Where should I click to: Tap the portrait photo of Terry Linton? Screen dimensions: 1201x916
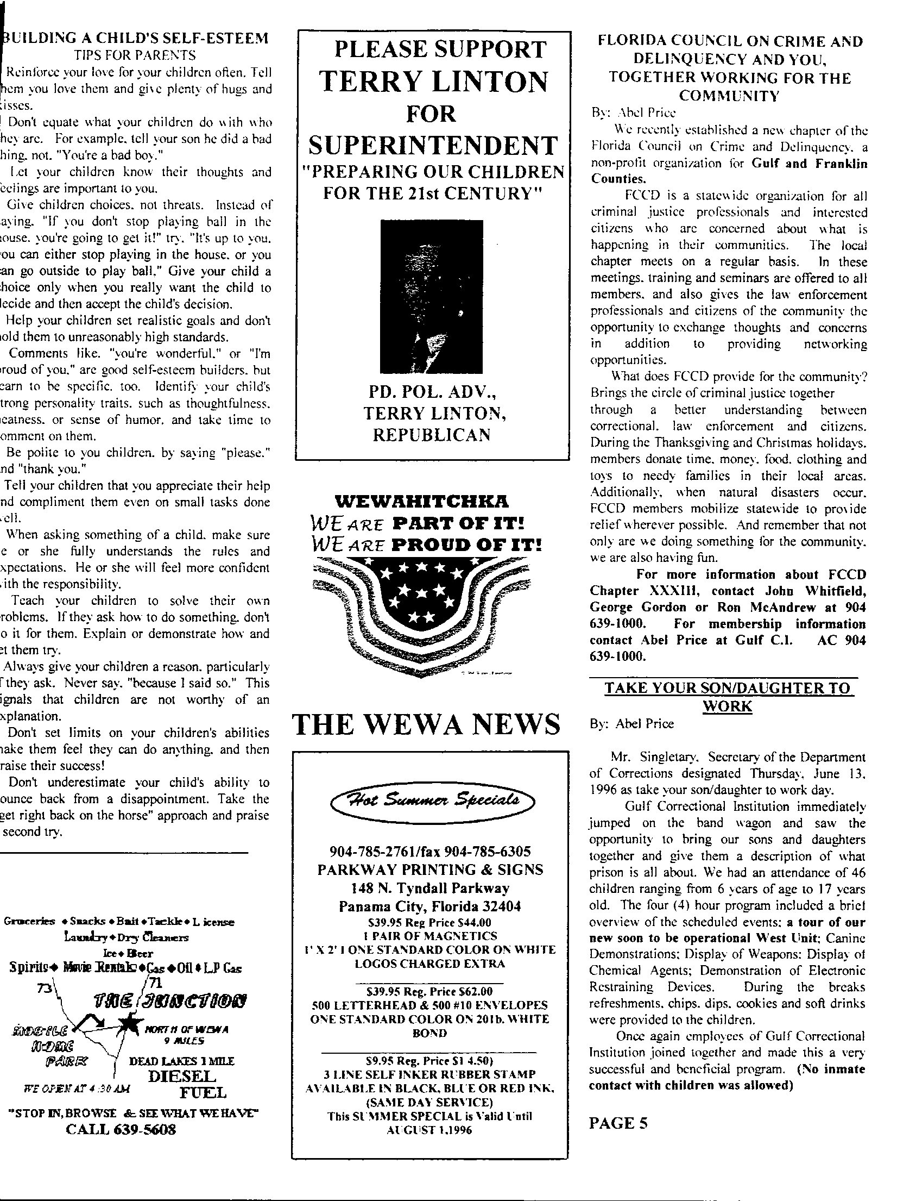coord(431,296)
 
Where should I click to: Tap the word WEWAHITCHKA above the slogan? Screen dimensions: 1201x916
coord(421,501)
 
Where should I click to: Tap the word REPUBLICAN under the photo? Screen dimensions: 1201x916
coord(431,434)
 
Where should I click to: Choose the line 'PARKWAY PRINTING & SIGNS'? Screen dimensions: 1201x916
coord(430,870)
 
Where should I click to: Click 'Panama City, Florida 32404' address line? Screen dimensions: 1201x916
coord(429,906)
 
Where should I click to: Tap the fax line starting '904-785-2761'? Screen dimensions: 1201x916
coord(430,851)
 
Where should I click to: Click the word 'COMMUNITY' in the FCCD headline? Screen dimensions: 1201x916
coord(729,96)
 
